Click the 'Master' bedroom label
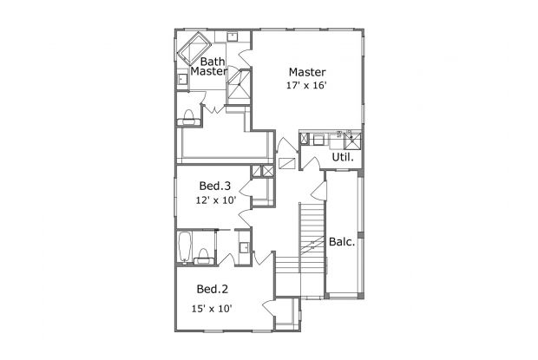pyautogui.click(x=307, y=71)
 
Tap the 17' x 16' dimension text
pyautogui.click(x=307, y=86)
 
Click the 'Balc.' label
pyautogui.click(x=341, y=242)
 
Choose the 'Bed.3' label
pyautogui.click(x=214, y=186)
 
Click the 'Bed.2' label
pyautogui.click(x=212, y=289)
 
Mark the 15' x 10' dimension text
pyautogui.click(x=212, y=308)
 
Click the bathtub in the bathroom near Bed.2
pyautogui.click(x=184, y=246)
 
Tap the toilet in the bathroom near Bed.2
pyautogui.click(x=203, y=253)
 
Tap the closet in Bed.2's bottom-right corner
pyautogui.click(x=285, y=317)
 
